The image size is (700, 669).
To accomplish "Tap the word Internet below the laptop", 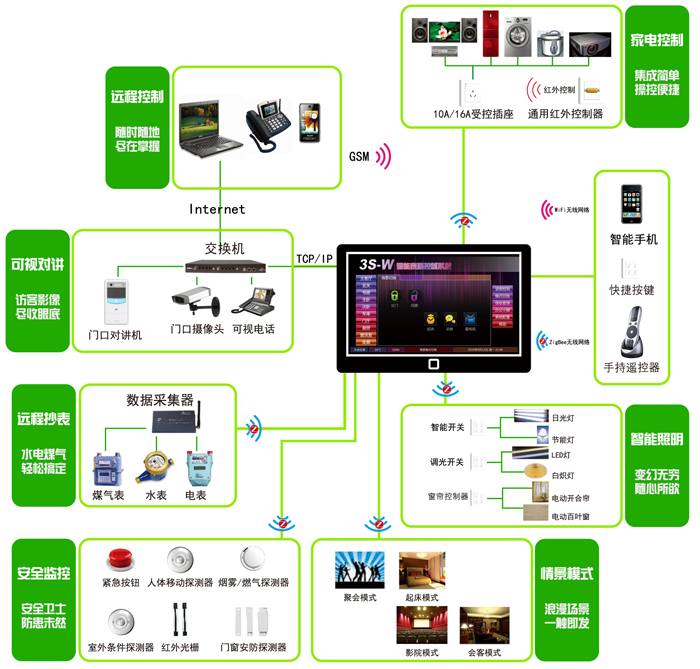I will (217, 209).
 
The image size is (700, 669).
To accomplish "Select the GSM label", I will (359, 157).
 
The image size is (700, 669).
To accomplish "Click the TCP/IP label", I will (314, 259).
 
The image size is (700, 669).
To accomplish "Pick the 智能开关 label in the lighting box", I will (447, 427).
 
